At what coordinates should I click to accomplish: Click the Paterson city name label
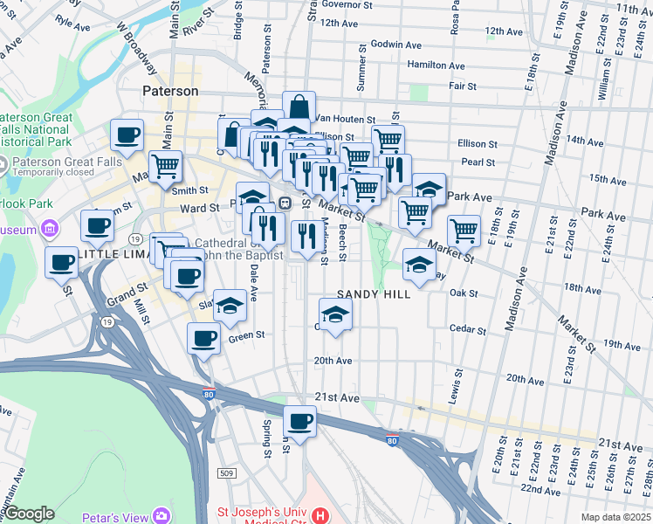tap(171, 91)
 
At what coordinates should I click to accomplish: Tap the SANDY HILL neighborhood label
tap(374, 294)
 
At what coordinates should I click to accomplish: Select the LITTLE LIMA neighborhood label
tap(111, 253)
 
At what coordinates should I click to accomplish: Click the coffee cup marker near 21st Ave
tap(300, 421)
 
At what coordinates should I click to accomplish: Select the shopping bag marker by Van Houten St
tap(299, 107)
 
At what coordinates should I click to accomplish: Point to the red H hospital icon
tap(320, 516)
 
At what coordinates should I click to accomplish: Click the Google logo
tap(29, 514)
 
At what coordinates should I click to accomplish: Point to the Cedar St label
tap(467, 330)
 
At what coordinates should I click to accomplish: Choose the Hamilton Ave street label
tap(436, 65)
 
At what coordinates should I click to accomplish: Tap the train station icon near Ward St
tap(285, 203)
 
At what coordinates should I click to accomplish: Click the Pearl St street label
tap(478, 162)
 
